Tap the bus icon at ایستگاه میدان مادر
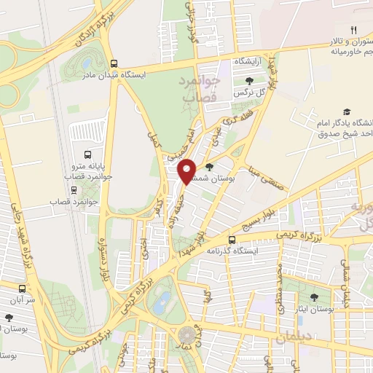coord(112,63)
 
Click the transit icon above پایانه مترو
coord(87,155)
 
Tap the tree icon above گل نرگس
coord(250,82)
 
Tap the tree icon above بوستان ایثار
coord(314,297)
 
